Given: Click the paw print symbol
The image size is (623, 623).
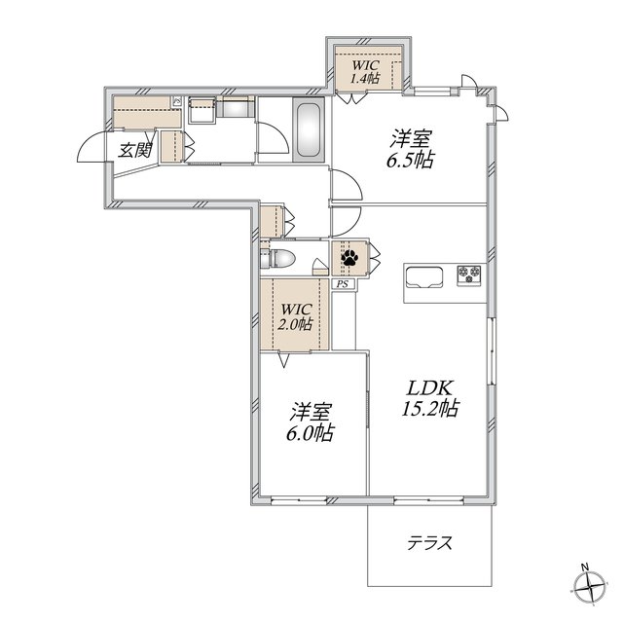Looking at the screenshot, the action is (349, 258).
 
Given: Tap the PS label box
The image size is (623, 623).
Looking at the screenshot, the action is (343, 284).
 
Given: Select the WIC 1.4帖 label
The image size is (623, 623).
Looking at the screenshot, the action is (364, 71).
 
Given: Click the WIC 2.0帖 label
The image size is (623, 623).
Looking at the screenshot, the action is (295, 317).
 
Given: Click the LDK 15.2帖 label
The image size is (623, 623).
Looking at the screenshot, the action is (430, 398).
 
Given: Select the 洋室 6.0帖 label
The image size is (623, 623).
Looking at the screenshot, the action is (311, 422).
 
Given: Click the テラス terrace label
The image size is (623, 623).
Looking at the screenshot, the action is (430, 543).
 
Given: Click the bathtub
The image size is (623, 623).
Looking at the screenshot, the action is (309, 129).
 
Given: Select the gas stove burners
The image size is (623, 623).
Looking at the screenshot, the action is (469, 275).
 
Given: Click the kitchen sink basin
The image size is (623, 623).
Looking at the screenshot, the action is (423, 276).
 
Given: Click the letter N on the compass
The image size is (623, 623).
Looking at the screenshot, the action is (584, 567).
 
